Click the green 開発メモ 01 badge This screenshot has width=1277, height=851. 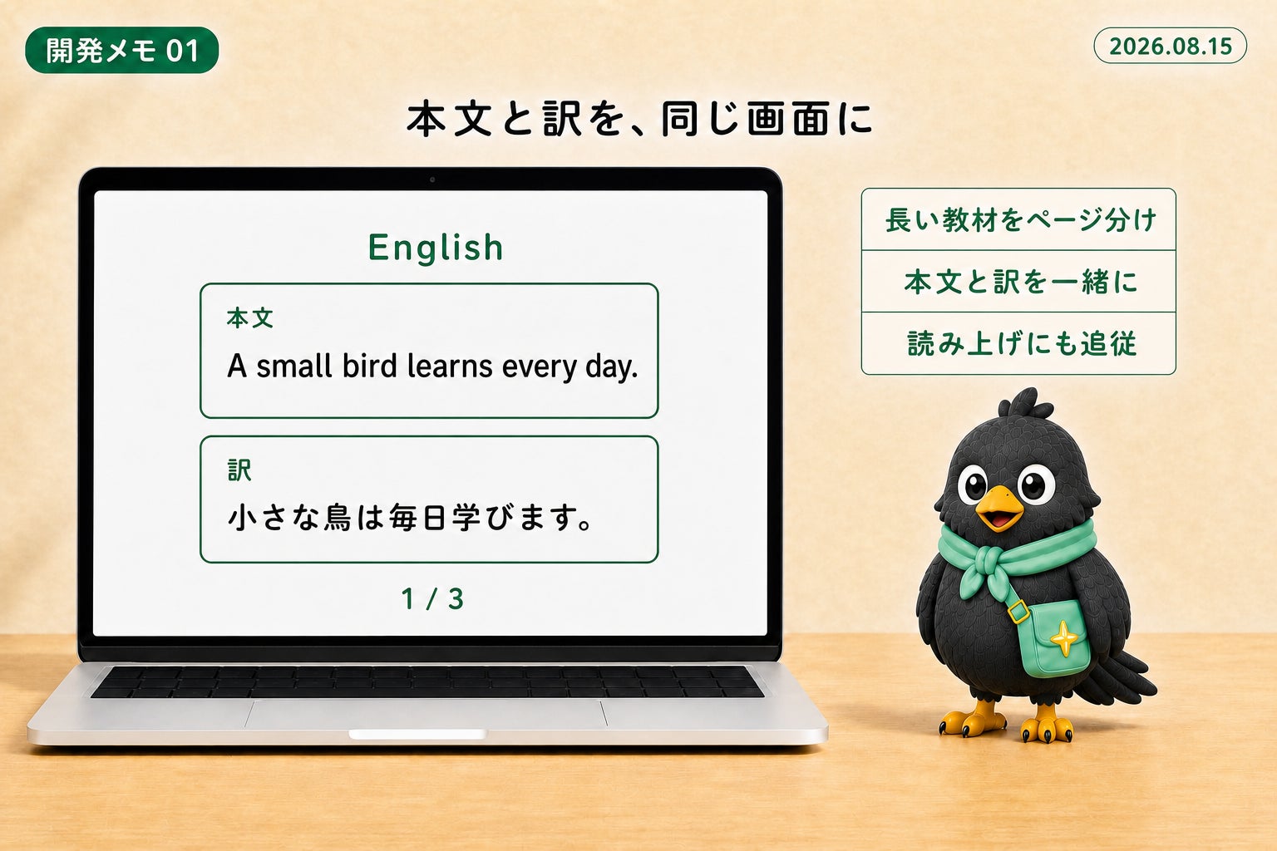pos(121,50)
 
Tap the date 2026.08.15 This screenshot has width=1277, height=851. pos(1171,46)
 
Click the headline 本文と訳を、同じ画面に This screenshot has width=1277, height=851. pos(639,119)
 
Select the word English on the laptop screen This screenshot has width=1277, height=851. pos(436,248)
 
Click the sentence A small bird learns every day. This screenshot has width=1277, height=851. pos(432,366)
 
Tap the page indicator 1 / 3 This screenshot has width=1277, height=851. pos(432,598)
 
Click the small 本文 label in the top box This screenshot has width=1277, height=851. pos(249,318)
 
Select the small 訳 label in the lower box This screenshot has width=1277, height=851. pos(239,470)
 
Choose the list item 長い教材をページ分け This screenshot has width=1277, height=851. pos(1020,220)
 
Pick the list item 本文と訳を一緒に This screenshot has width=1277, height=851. pos(1020,282)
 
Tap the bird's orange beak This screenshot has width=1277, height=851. pos(998,506)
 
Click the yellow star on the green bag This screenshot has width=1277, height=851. pos(1064,638)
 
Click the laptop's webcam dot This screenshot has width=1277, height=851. pos(432,180)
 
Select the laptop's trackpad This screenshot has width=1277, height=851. pos(426,714)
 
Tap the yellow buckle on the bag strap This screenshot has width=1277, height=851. pos(1018,612)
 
